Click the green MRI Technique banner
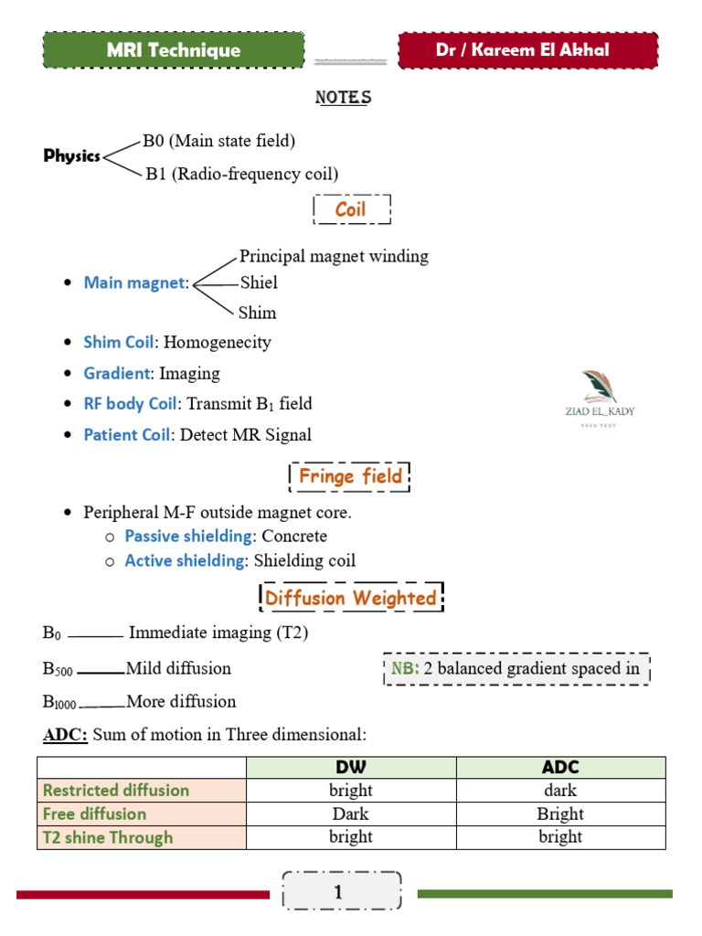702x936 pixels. point(173,50)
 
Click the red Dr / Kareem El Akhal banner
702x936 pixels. point(528,50)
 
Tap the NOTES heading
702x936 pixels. point(343,97)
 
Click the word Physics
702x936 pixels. point(72,155)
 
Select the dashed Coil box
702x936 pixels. point(351,209)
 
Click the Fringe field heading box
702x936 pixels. point(350,476)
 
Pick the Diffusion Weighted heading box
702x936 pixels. point(351,599)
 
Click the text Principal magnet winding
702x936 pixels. point(334,256)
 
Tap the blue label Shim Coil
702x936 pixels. point(118,342)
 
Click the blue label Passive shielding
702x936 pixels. point(188,536)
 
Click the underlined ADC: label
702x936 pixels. point(65,734)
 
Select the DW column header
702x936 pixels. point(351,767)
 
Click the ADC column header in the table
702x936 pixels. point(560,767)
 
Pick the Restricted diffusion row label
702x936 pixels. point(116,790)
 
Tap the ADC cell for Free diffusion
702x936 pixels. point(560,814)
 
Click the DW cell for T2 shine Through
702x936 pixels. point(351,836)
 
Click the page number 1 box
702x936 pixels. point(343,892)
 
